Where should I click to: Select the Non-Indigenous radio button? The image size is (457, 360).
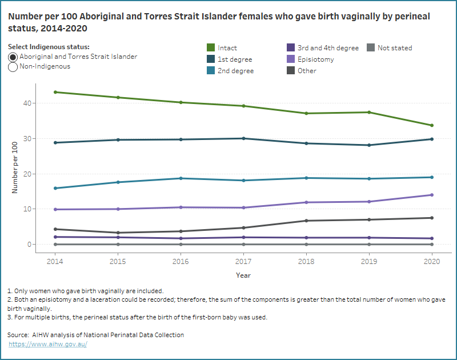[x=13, y=67]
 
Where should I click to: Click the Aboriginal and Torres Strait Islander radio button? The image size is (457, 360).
[x=13, y=57]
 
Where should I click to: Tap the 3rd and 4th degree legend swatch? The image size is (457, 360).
[x=291, y=48]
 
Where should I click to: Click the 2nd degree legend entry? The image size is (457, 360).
[x=235, y=71]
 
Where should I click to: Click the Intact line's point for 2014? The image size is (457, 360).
[x=55, y=92]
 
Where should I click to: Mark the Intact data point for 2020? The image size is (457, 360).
[x=431, y=126]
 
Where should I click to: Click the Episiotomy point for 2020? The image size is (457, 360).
[x=431, y=195]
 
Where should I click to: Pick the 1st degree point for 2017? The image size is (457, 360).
[x=243, y=138]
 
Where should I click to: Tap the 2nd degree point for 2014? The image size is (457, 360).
[x=55, y=188]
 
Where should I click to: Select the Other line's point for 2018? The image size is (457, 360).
[x=306, y=221]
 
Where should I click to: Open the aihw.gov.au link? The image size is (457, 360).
[x=47, y=344]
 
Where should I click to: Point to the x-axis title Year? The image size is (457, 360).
[x=243, y=275]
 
